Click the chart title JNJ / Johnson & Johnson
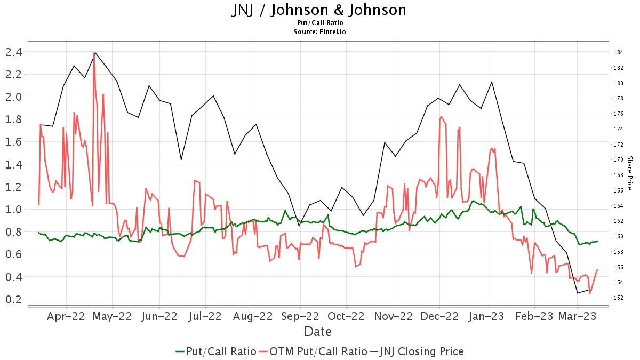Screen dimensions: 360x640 (319, 10)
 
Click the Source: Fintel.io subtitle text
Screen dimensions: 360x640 (319, 32)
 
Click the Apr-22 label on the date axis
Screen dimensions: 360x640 (66, 316)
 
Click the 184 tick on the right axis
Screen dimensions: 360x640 (619, 52)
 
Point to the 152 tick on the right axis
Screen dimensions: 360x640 (619, 298)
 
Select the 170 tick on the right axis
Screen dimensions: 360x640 (619, 159)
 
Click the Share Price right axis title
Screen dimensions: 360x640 (629, 173)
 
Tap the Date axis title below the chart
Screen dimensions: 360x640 (318, 332)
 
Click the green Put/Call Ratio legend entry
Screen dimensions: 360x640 (215, 351)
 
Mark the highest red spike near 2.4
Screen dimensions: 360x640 (94, 53)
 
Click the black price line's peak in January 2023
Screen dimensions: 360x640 (491, 82)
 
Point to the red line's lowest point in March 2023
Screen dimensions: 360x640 (589, 293)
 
